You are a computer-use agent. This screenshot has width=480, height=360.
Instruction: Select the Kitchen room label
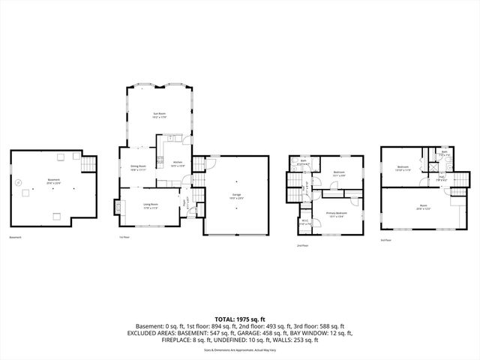click(178, 163)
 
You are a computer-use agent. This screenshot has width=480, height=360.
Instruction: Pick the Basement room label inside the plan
click(53, 181)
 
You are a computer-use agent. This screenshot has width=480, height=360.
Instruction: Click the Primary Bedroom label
click(337, 214)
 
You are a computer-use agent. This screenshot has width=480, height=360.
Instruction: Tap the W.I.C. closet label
click(304, 222)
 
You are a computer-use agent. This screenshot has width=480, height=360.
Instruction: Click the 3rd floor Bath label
click(445, 152)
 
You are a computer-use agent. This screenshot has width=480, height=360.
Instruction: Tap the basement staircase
click(89, 164)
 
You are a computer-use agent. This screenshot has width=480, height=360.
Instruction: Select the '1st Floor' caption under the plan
click(124, 238)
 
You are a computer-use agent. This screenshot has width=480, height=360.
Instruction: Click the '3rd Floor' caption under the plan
click(385, 240)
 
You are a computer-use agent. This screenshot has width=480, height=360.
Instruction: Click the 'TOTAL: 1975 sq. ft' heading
click(240, 319)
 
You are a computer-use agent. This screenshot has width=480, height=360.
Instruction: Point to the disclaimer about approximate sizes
click(240, 349)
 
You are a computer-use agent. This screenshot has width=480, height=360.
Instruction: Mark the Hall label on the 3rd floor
click(442, 178)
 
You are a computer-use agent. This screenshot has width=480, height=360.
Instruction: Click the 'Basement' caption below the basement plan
click(16, 238)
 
